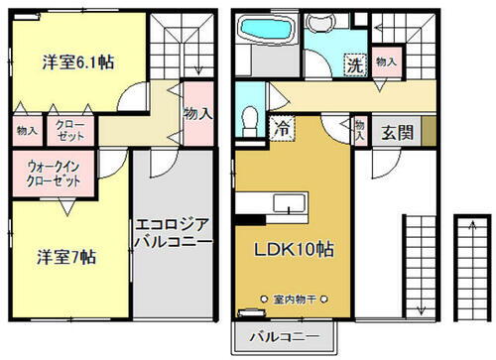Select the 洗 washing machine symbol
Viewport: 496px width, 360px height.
(354, 66)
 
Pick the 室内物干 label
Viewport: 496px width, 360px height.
(301, 298)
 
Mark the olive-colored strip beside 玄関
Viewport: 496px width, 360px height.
(429, 130)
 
